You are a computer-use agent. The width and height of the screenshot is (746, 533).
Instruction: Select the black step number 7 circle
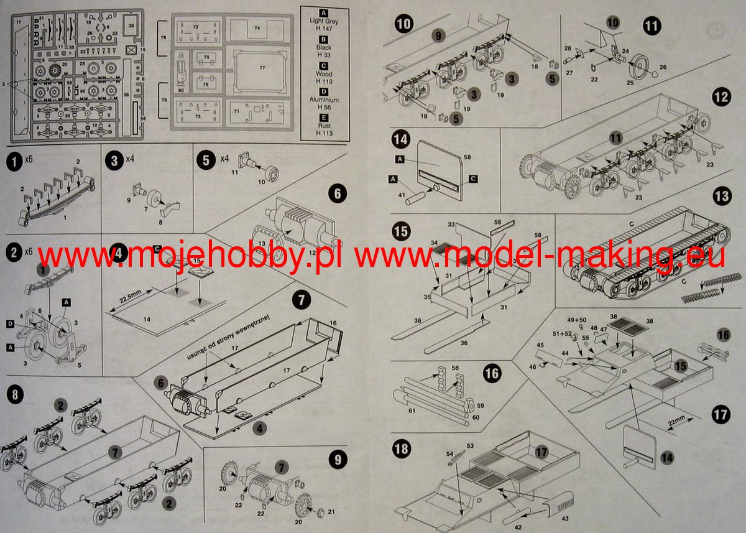301,299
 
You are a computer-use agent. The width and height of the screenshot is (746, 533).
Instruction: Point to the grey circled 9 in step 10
438,36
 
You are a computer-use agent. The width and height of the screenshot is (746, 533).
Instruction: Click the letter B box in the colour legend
324,39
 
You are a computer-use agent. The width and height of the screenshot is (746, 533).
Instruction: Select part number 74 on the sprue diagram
257,28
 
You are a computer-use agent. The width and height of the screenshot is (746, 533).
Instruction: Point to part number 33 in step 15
451,222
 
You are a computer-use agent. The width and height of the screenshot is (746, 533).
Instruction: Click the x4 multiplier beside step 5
224,159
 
